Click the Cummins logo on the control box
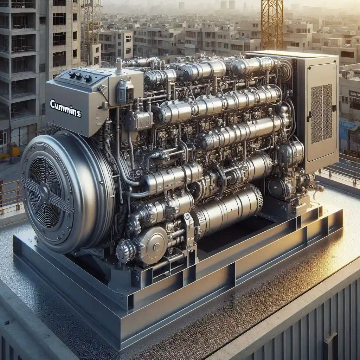coord(65,108)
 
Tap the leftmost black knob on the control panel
coord(72,74)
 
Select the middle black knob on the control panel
coord(79,76)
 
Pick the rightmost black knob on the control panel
coord(88,78)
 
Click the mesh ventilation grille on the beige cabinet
coord(322,114)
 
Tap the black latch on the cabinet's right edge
coord(334,108)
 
